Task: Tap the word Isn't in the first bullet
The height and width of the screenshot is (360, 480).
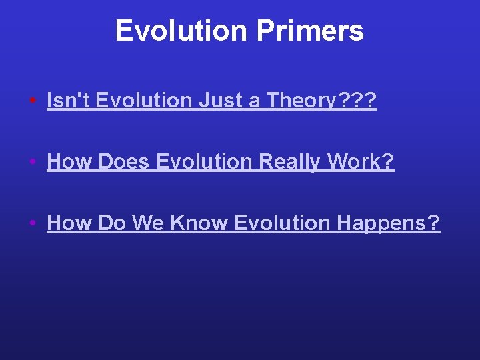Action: tap(68, 101)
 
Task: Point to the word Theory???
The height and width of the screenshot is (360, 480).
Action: tap(321, 101)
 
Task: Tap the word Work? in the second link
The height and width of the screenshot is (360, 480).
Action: tap(366, 162)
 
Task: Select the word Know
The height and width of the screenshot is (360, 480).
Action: tap(199, 223)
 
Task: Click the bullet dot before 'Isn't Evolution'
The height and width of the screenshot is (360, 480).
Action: tap(33, 102)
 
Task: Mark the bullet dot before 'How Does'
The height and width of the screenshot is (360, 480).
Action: tap(33, 163)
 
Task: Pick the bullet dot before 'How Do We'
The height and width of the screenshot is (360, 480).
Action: tap(33, 224)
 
